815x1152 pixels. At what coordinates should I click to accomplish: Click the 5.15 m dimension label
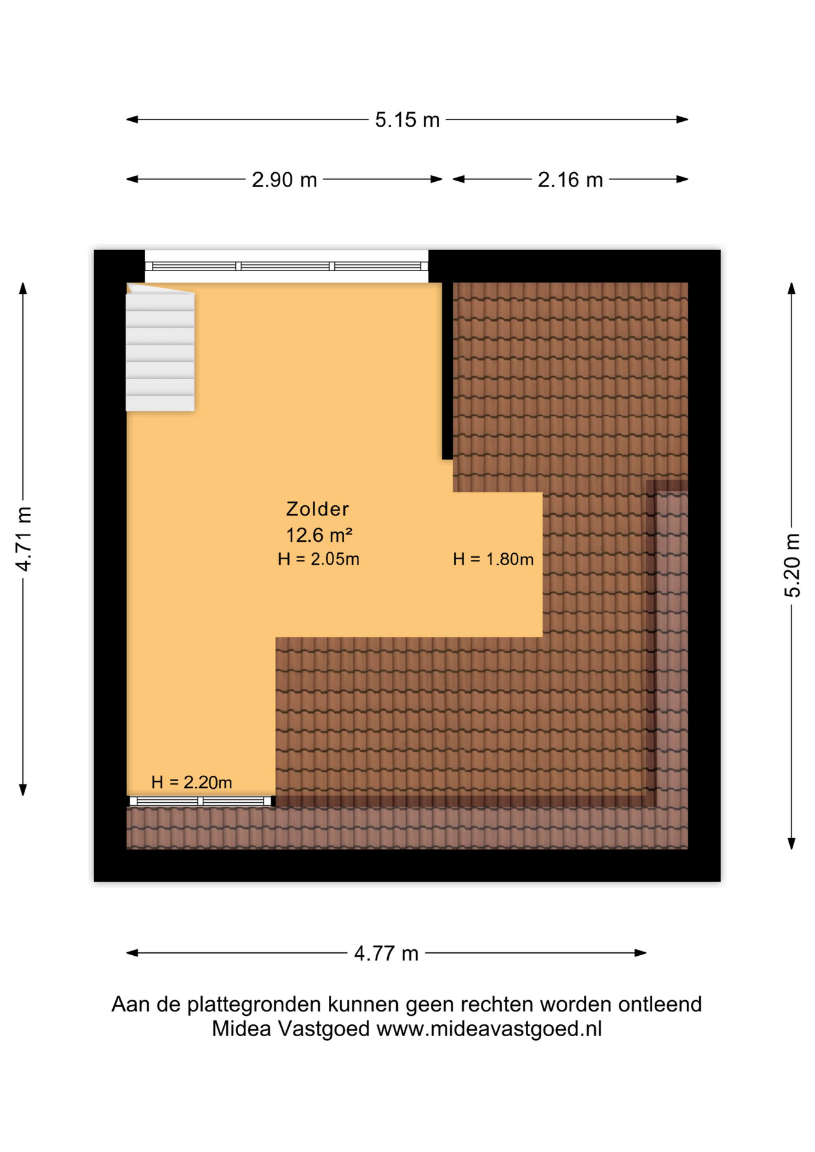pos(407,120)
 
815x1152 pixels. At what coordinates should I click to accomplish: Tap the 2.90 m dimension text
pos(284,179)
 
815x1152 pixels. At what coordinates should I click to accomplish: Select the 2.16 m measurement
pos(570,179)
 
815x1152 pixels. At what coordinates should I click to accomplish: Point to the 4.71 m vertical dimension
pos(23,538)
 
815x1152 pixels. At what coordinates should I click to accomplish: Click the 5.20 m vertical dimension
pos(792,565)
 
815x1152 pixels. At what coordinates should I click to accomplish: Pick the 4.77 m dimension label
pos(386,953)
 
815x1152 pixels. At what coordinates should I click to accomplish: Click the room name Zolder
pos(317,509)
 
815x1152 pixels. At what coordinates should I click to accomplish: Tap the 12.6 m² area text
pos(319,534)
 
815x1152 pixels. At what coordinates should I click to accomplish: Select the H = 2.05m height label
pos(318,559)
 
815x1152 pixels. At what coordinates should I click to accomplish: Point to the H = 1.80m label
pos(493,559)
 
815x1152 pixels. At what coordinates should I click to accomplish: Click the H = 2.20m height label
pos(191,782)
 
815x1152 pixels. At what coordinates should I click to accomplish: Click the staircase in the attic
pos(160,347)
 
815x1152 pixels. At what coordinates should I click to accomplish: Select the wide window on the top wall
pos(286,266)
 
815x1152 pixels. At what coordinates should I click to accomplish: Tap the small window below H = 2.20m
pos(200,801)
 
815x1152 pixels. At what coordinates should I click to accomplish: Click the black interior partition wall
pos(447,371)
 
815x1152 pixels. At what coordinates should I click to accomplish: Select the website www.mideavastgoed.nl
pos(489,1028)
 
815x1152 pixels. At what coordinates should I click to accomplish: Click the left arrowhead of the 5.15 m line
pos(132,119)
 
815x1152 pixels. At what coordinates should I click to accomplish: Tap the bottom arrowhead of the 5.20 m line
pos(792,844)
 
